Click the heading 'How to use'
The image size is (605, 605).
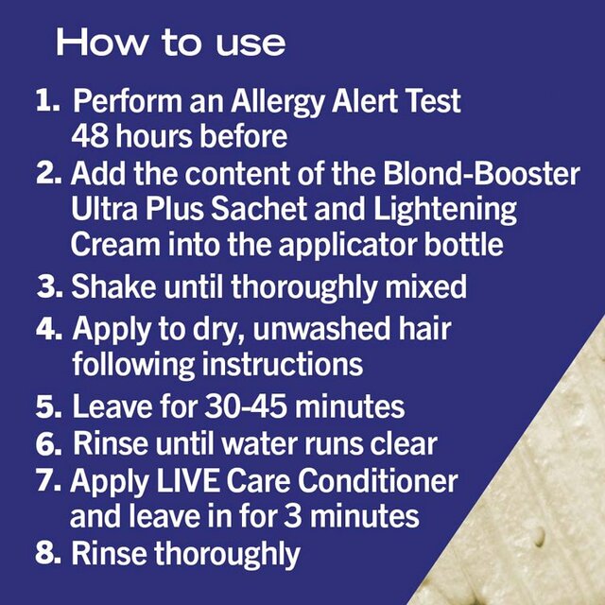pos(170,43)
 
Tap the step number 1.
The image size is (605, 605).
pos(47,100)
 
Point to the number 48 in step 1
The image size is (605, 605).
pos(92,135)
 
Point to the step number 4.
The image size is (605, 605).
pos(50,330)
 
